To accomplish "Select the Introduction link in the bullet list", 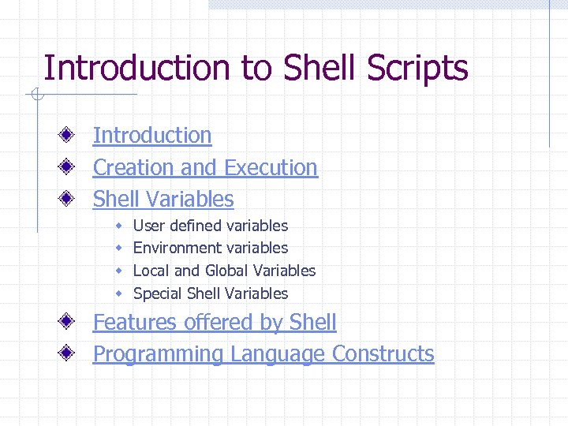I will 152,136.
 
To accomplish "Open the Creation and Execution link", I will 205,168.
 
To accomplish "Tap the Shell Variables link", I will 163,200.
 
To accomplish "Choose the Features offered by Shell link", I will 215,323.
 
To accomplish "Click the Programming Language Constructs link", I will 263,354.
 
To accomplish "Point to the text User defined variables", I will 211,226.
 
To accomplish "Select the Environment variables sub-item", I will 211,248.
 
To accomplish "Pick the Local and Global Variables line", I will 224,271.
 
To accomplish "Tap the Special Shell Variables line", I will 211,293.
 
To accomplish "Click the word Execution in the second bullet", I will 271,168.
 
